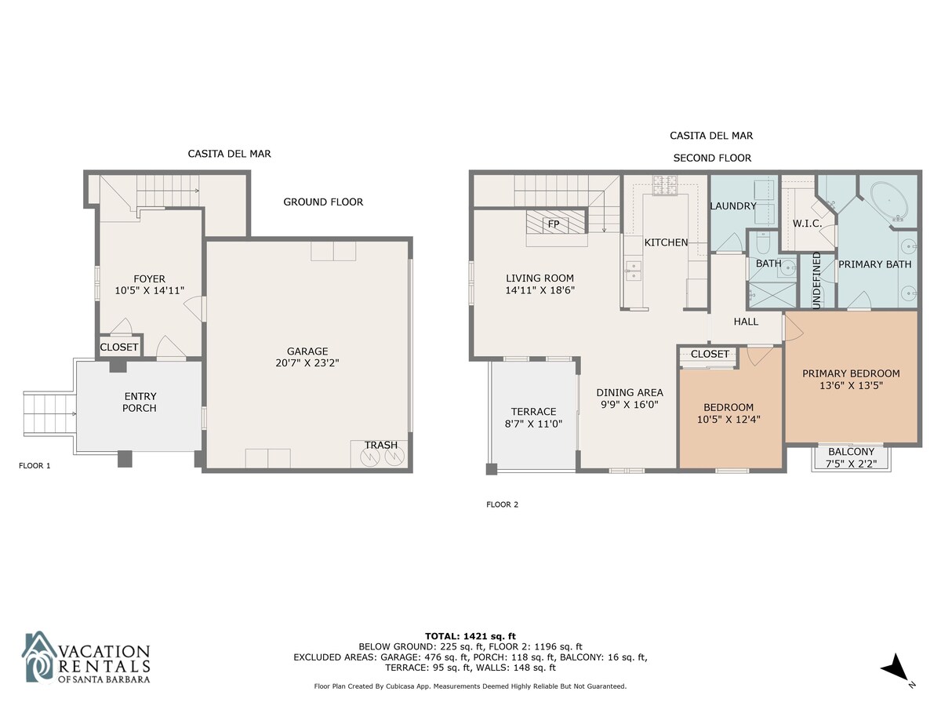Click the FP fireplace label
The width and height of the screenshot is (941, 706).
[x=553, y=224]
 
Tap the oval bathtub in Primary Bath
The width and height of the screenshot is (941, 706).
[x=889, y=202]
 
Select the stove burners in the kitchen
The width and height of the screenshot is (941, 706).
[x=664, y=184]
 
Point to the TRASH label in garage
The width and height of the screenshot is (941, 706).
[x=380, y=445]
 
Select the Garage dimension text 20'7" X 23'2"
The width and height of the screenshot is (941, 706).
[x=307, y=362]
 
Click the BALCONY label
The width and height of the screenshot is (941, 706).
[x=851, y=451]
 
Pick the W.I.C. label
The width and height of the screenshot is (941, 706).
[x=807, y=224]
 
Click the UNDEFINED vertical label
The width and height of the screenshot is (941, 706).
[x=816, y=280]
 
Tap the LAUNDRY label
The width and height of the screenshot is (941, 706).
[x=733, y=206]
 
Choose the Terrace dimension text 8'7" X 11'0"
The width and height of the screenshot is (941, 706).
[x=533, y=424]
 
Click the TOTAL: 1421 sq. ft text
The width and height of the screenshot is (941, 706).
[x=470, y=635]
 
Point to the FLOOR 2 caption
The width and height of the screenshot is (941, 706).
[x=502, y=504]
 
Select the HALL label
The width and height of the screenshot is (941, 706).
[x=746, y=322]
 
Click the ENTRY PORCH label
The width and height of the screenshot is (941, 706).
[x=140, y=402]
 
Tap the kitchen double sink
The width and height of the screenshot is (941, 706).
[x=633, y=271]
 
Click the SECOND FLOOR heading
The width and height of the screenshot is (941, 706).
[x=712, y=158]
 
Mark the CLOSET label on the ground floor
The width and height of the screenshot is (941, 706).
[x=118, y=347]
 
